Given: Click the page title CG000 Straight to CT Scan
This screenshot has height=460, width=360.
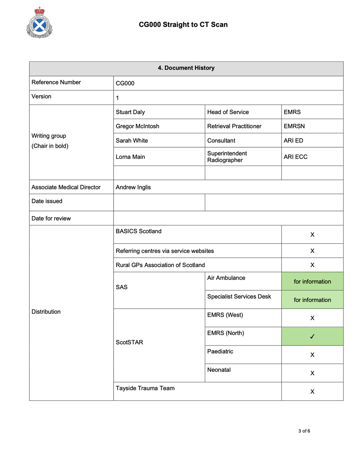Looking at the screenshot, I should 183,25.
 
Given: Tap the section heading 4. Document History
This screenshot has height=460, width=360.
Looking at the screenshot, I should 186,68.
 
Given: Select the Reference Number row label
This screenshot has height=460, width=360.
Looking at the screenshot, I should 56,82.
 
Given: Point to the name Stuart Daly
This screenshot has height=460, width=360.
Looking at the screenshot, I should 131,112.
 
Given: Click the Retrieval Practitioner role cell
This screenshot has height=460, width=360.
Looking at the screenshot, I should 234,126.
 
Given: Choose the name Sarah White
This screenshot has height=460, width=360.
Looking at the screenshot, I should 132,141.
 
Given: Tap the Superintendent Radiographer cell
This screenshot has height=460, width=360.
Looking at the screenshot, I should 227,157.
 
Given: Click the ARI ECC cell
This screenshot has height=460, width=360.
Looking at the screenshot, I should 295,157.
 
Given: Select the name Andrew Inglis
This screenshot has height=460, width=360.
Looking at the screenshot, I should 133,187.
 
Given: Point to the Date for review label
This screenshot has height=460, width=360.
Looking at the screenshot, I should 51,218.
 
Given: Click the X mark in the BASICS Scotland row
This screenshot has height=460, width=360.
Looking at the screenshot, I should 312,235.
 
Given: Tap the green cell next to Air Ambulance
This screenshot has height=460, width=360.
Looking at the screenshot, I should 312,281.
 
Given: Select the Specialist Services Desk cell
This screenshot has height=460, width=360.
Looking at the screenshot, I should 239,297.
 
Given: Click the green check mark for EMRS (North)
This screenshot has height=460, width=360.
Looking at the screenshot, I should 312,337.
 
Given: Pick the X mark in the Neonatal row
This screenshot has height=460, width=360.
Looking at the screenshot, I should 312,373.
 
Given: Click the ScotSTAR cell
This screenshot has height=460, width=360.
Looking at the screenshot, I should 129,342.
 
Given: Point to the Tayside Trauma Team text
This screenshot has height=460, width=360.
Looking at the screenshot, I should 145,388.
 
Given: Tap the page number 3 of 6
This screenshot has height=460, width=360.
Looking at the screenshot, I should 304,431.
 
